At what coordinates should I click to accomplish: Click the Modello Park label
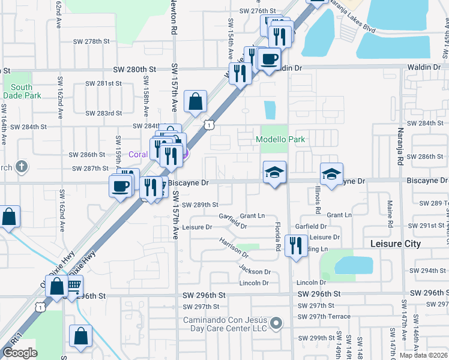point(280,140)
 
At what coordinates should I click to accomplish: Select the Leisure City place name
point(396,244)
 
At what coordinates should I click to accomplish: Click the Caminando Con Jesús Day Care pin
point(276,324)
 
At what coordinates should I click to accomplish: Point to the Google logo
point(20,353)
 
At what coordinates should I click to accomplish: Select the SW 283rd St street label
point(103,113)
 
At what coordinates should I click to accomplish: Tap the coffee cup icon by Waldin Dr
point(269,59)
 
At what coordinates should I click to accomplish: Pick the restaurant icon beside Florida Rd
point(296,245)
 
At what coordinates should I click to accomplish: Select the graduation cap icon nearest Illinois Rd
point(331,174)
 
